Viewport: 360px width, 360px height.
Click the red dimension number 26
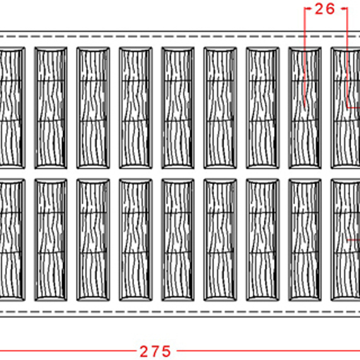[x=325, y=9]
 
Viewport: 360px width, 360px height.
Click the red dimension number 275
[x=155, y=351]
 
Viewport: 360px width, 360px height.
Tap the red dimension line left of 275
[x=68, y=351]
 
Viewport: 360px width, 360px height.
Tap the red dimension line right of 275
[x=268, y=351]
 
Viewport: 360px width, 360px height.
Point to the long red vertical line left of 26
[x=305, y=57]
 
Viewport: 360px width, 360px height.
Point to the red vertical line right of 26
[x=347, y=57]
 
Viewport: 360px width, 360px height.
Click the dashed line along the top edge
[x=180, y=36]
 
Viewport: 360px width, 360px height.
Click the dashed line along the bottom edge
[x=180, y=312]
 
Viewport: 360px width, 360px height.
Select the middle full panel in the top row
[x=178, y=108]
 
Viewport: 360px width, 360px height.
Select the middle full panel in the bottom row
[x=178, y=240]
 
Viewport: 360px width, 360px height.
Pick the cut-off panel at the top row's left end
[x=13, y=108]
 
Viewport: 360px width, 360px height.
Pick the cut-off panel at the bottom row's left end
[x=13, y=240]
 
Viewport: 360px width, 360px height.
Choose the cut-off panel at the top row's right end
[x=345, y=108]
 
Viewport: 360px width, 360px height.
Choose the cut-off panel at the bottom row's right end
[x=345, y=240]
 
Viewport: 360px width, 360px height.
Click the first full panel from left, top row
[x=51, y=108]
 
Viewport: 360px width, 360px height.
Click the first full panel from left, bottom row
[x=51, y=240]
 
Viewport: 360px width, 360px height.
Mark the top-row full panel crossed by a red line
[x=305, y=108]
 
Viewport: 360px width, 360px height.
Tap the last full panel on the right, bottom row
[x=305, y=240]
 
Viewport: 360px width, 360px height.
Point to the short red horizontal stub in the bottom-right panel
[x=354, y=240]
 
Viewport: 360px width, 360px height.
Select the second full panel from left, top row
[x=93, y=108]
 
